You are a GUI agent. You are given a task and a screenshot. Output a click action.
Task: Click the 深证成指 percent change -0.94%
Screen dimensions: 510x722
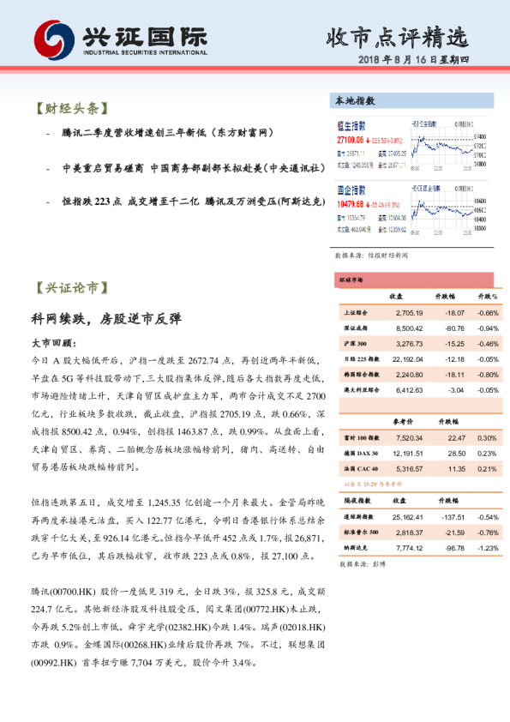487,328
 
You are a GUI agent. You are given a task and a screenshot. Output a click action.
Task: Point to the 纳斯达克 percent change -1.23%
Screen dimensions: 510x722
487,548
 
